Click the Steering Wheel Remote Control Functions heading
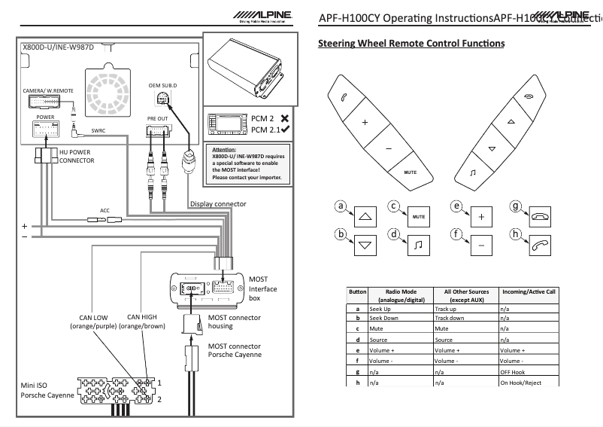411,43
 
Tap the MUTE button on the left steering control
410,172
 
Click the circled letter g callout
515,205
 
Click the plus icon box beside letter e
481,215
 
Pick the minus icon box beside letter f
481,244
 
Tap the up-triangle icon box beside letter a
366,215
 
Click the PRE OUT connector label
158,119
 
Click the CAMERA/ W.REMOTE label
48,90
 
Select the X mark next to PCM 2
284,118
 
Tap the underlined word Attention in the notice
225,150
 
